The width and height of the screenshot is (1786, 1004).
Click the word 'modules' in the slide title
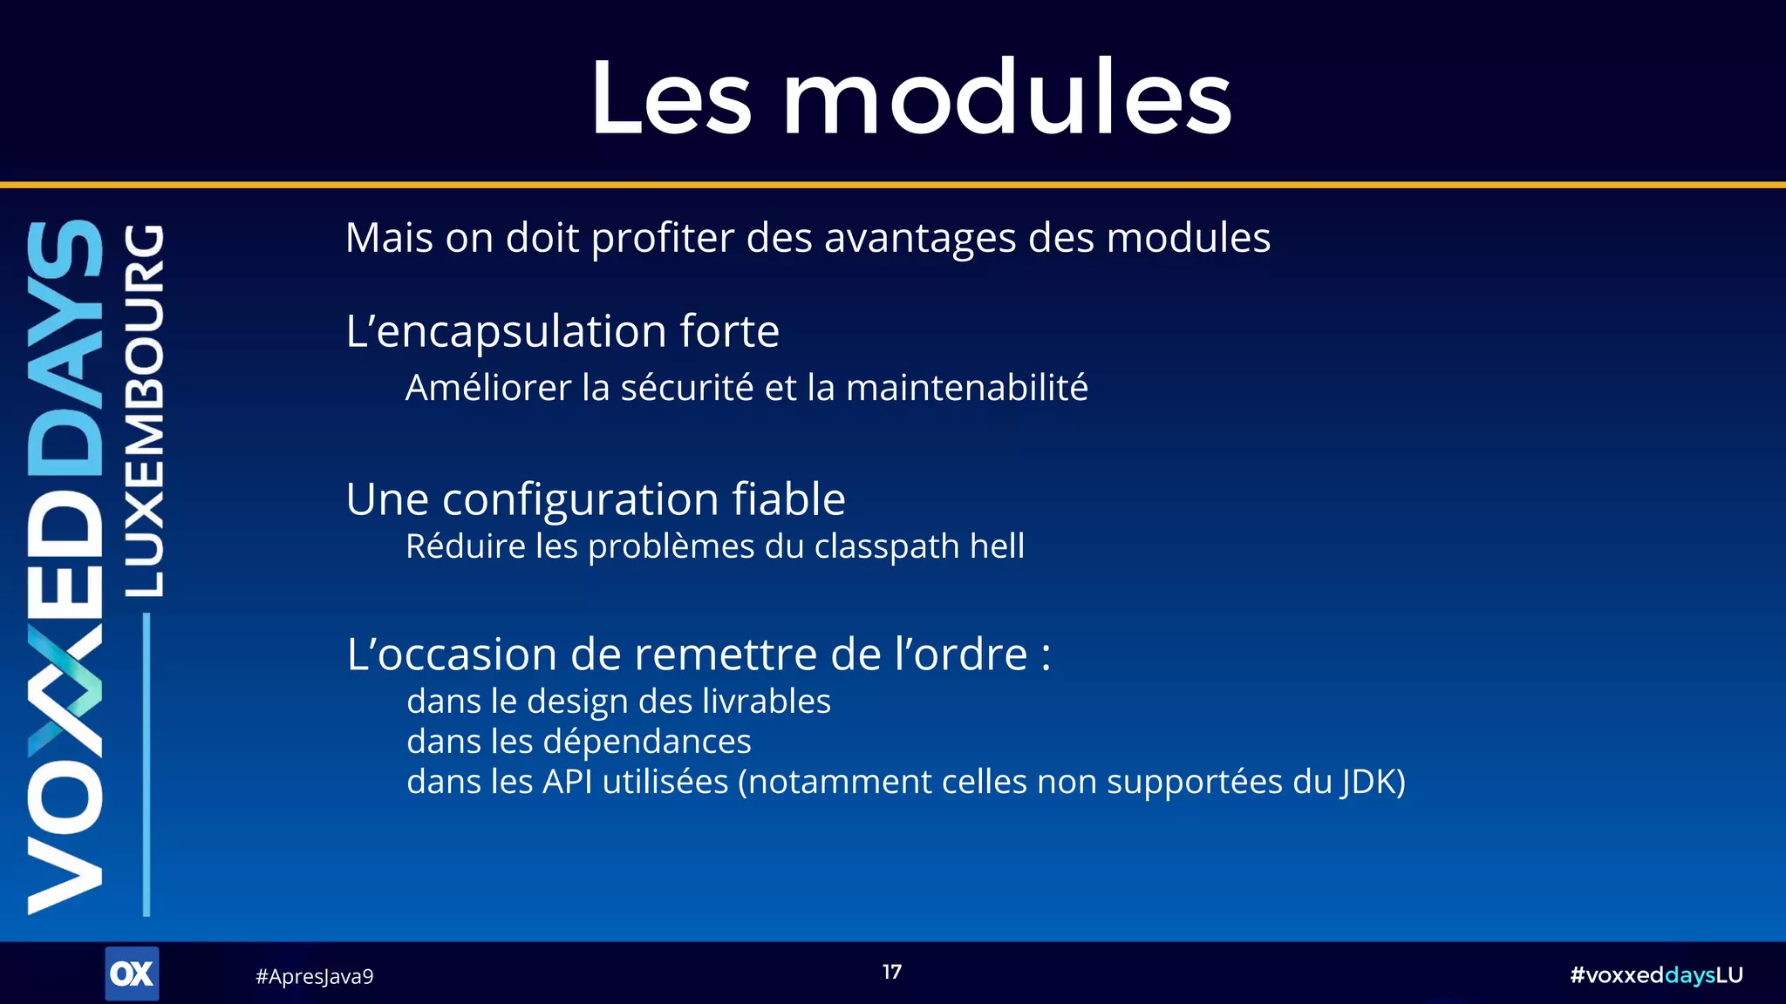pyautogui.click(x=1007, y=98)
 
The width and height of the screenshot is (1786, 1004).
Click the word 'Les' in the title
pyautogui.click(x=671, y=98)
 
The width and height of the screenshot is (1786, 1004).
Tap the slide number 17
pyautogui.click(x=891, y=972)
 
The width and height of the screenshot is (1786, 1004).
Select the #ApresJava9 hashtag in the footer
pyautogui.click(x=314, y=976)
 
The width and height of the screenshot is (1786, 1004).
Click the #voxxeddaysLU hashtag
pyautogui.click(x=1656, y=975)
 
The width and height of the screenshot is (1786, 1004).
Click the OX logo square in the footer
pyautogui.click(x=132, y=973)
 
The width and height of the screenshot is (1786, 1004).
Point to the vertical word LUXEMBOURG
pyautogui.click(x=144, y=410)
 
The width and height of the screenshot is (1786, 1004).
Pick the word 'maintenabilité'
pyautogui.click(x=966, y=388)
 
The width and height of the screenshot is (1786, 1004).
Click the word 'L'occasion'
pyautogui.click(x=451, y=655)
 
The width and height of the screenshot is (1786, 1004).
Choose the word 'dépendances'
pyautogui.click(x=647, y=742)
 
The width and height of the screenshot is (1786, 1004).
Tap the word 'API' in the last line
pyautogui.click(x=567, y=782)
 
